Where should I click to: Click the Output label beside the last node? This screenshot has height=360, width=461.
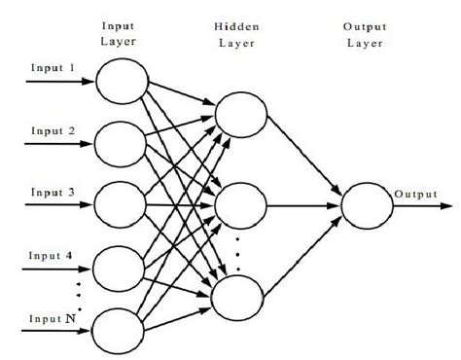[x=416, y=195]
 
